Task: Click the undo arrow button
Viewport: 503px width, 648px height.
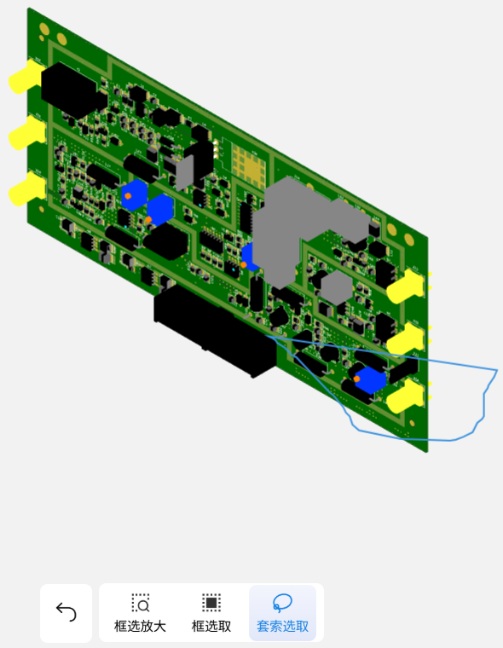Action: (66, 612)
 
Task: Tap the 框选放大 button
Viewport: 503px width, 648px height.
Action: (140, 613)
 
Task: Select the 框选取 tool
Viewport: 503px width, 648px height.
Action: (211, 613)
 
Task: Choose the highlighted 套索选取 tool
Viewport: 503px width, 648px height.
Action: (283, 613)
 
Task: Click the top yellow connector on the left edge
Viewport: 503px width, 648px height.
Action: (25, 78)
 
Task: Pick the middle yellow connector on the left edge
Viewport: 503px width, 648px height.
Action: (26, 133)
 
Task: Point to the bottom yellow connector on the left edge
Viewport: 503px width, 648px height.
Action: (26, 189)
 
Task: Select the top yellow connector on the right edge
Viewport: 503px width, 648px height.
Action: (406, 286)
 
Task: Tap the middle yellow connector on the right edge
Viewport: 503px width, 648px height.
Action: (406, 339)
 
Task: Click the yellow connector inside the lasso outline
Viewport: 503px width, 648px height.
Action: (406, 396)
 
